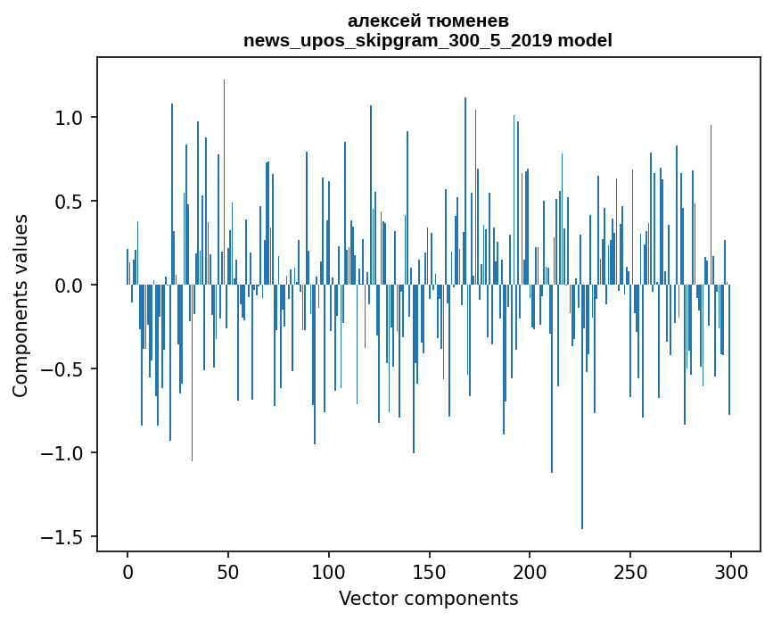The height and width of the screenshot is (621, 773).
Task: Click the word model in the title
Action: [585, 40]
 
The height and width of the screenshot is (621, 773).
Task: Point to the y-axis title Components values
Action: [21, 305]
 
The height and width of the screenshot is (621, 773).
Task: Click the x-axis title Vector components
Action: [428, 598]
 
